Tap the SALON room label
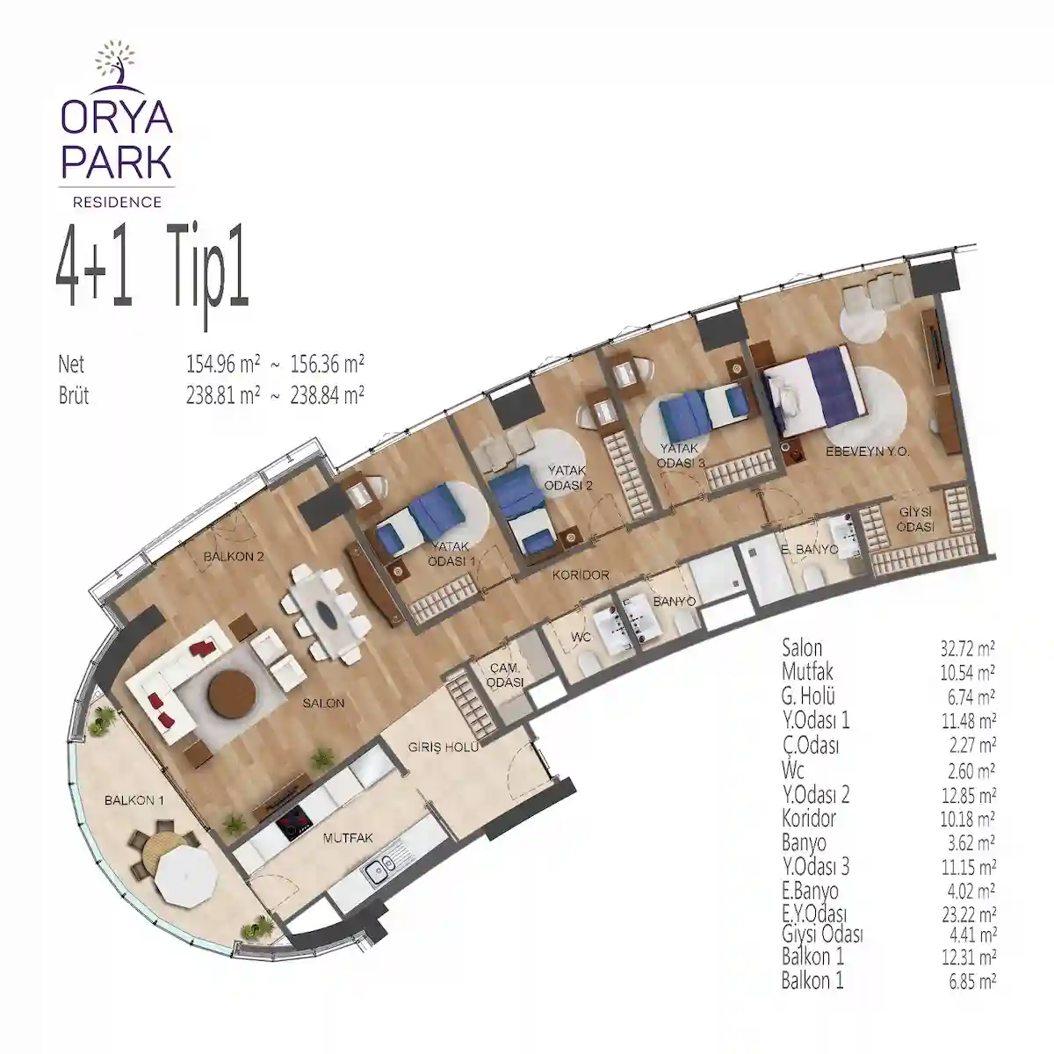324,704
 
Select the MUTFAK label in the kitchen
347,839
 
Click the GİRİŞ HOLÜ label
443,747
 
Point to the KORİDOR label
581,575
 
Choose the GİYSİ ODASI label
915,520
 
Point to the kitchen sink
380,871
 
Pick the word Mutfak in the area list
808,673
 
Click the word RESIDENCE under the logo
117,202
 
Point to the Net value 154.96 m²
219,364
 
